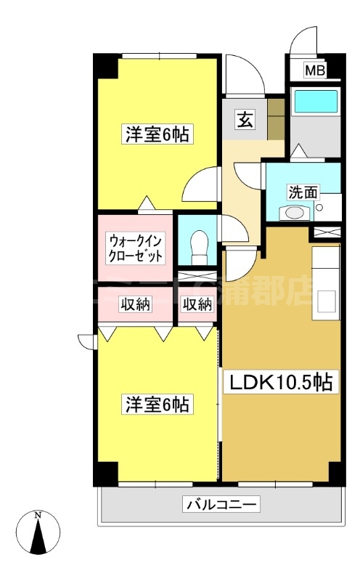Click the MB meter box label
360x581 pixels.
click(x=314, y=70)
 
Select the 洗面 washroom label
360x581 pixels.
click(x=303, y=192)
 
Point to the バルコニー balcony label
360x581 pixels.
click(x=221, y=504)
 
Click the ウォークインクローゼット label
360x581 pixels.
click(x=136, y=248)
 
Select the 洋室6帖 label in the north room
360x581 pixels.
click(x=157, y=134)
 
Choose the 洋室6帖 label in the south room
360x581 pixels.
click(x=157, y=404)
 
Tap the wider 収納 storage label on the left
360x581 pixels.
click(x=135, y=305)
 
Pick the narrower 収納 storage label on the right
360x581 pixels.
click(x=197, y=305)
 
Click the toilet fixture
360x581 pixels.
click(x=197, y=246)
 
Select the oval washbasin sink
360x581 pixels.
click(x=294, y=213)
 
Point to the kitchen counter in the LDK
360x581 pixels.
click(x=326, y=283)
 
